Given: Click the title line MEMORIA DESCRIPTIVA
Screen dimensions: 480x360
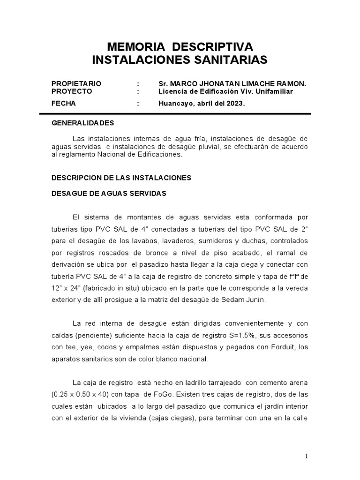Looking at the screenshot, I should tap(180, 47).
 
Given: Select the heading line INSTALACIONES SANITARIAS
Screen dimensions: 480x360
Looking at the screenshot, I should tap(180, 60).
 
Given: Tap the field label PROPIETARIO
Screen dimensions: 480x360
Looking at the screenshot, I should tap(76, 83).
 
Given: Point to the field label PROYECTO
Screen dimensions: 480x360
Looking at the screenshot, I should tap(72, 91).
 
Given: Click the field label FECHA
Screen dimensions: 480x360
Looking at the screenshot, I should tap(64, 103).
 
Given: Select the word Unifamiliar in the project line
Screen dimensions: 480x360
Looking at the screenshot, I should tap(274, 91).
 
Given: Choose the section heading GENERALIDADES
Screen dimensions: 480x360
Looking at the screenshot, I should tap(82, 123).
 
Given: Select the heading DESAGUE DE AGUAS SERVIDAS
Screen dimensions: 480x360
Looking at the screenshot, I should tap(109, 193).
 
